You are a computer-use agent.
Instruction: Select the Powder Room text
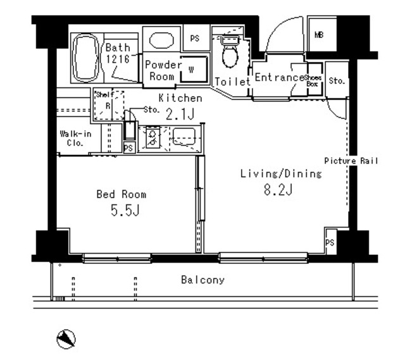tap(163, 70)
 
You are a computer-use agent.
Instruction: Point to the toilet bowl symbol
tap(228, 55)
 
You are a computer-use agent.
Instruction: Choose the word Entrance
tap(279, 78)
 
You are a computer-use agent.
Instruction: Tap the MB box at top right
tap(318, 35)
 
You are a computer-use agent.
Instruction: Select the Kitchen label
tap(180, 98)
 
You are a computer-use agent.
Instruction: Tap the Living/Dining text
tap(282, 173)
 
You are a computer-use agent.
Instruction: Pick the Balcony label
tap(202, 280)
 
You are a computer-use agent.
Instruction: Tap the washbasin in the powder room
tap(161, 40)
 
